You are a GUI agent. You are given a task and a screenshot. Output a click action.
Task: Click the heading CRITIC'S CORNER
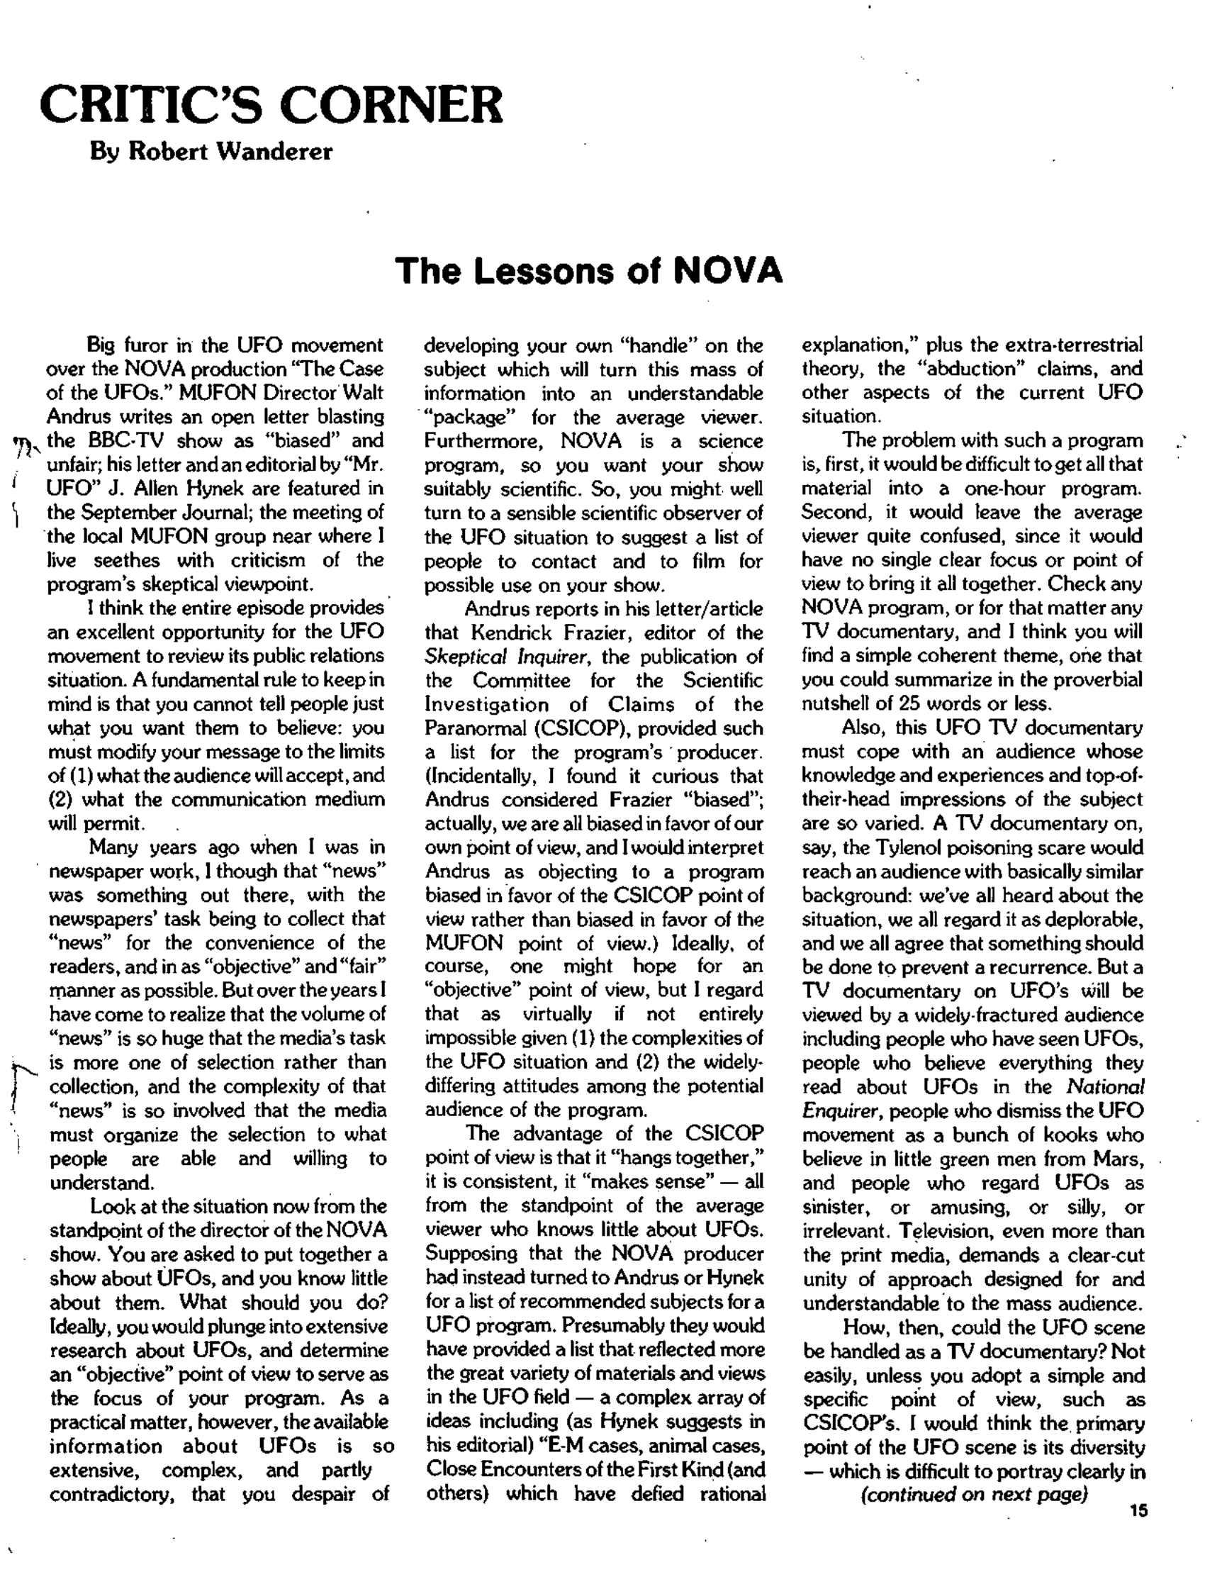271,105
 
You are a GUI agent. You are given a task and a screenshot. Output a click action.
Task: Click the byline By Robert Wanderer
211,152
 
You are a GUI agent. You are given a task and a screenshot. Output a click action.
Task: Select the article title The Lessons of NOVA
588,272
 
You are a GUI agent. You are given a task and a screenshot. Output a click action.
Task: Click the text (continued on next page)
974,1493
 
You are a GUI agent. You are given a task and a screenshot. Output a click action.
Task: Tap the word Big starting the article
101,345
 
